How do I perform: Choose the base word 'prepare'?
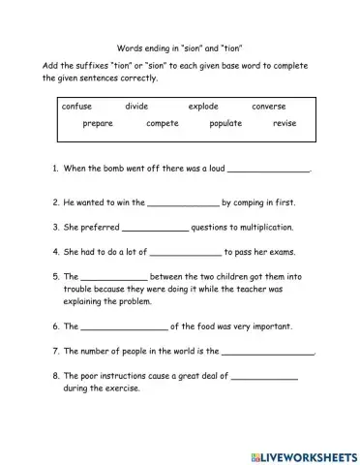(98, 124)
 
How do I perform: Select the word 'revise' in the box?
(285, 124)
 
